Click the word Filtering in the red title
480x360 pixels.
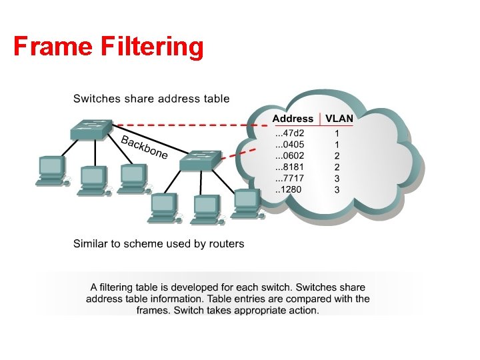152,47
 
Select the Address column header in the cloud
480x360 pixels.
293,118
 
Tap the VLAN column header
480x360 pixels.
339,118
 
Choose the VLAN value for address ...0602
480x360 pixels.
337,156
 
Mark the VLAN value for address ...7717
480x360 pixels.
337,179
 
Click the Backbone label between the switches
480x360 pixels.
145,147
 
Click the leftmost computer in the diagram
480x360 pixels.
51,169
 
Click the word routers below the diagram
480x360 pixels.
226,243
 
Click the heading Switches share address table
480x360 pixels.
151,99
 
